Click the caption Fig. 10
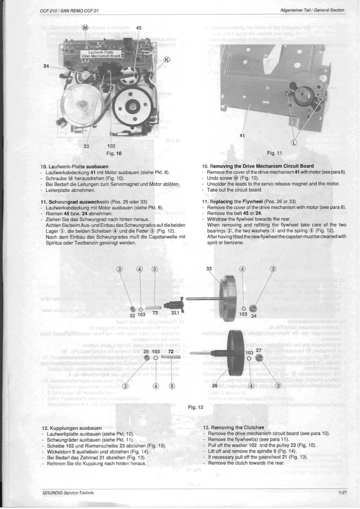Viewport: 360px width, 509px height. (x=114, y=153)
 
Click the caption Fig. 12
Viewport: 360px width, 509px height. (x=195, y=407)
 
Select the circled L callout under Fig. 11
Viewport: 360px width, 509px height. (x=294, y=142)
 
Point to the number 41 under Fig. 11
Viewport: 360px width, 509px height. (x=242, y=136)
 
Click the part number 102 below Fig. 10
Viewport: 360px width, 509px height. (x=111, y=146)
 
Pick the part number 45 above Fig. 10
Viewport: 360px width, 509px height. (x=138, y=28)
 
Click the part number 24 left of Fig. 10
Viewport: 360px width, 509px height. (x=46, y=66)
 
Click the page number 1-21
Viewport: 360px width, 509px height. (x=343, y=492)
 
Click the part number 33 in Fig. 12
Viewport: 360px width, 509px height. (x=209, y=268)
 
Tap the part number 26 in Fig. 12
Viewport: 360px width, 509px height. (x=215, y=386)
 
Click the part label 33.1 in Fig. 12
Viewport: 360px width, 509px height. (x=175, y=313)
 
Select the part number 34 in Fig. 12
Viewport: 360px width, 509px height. (x=254, y=316)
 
